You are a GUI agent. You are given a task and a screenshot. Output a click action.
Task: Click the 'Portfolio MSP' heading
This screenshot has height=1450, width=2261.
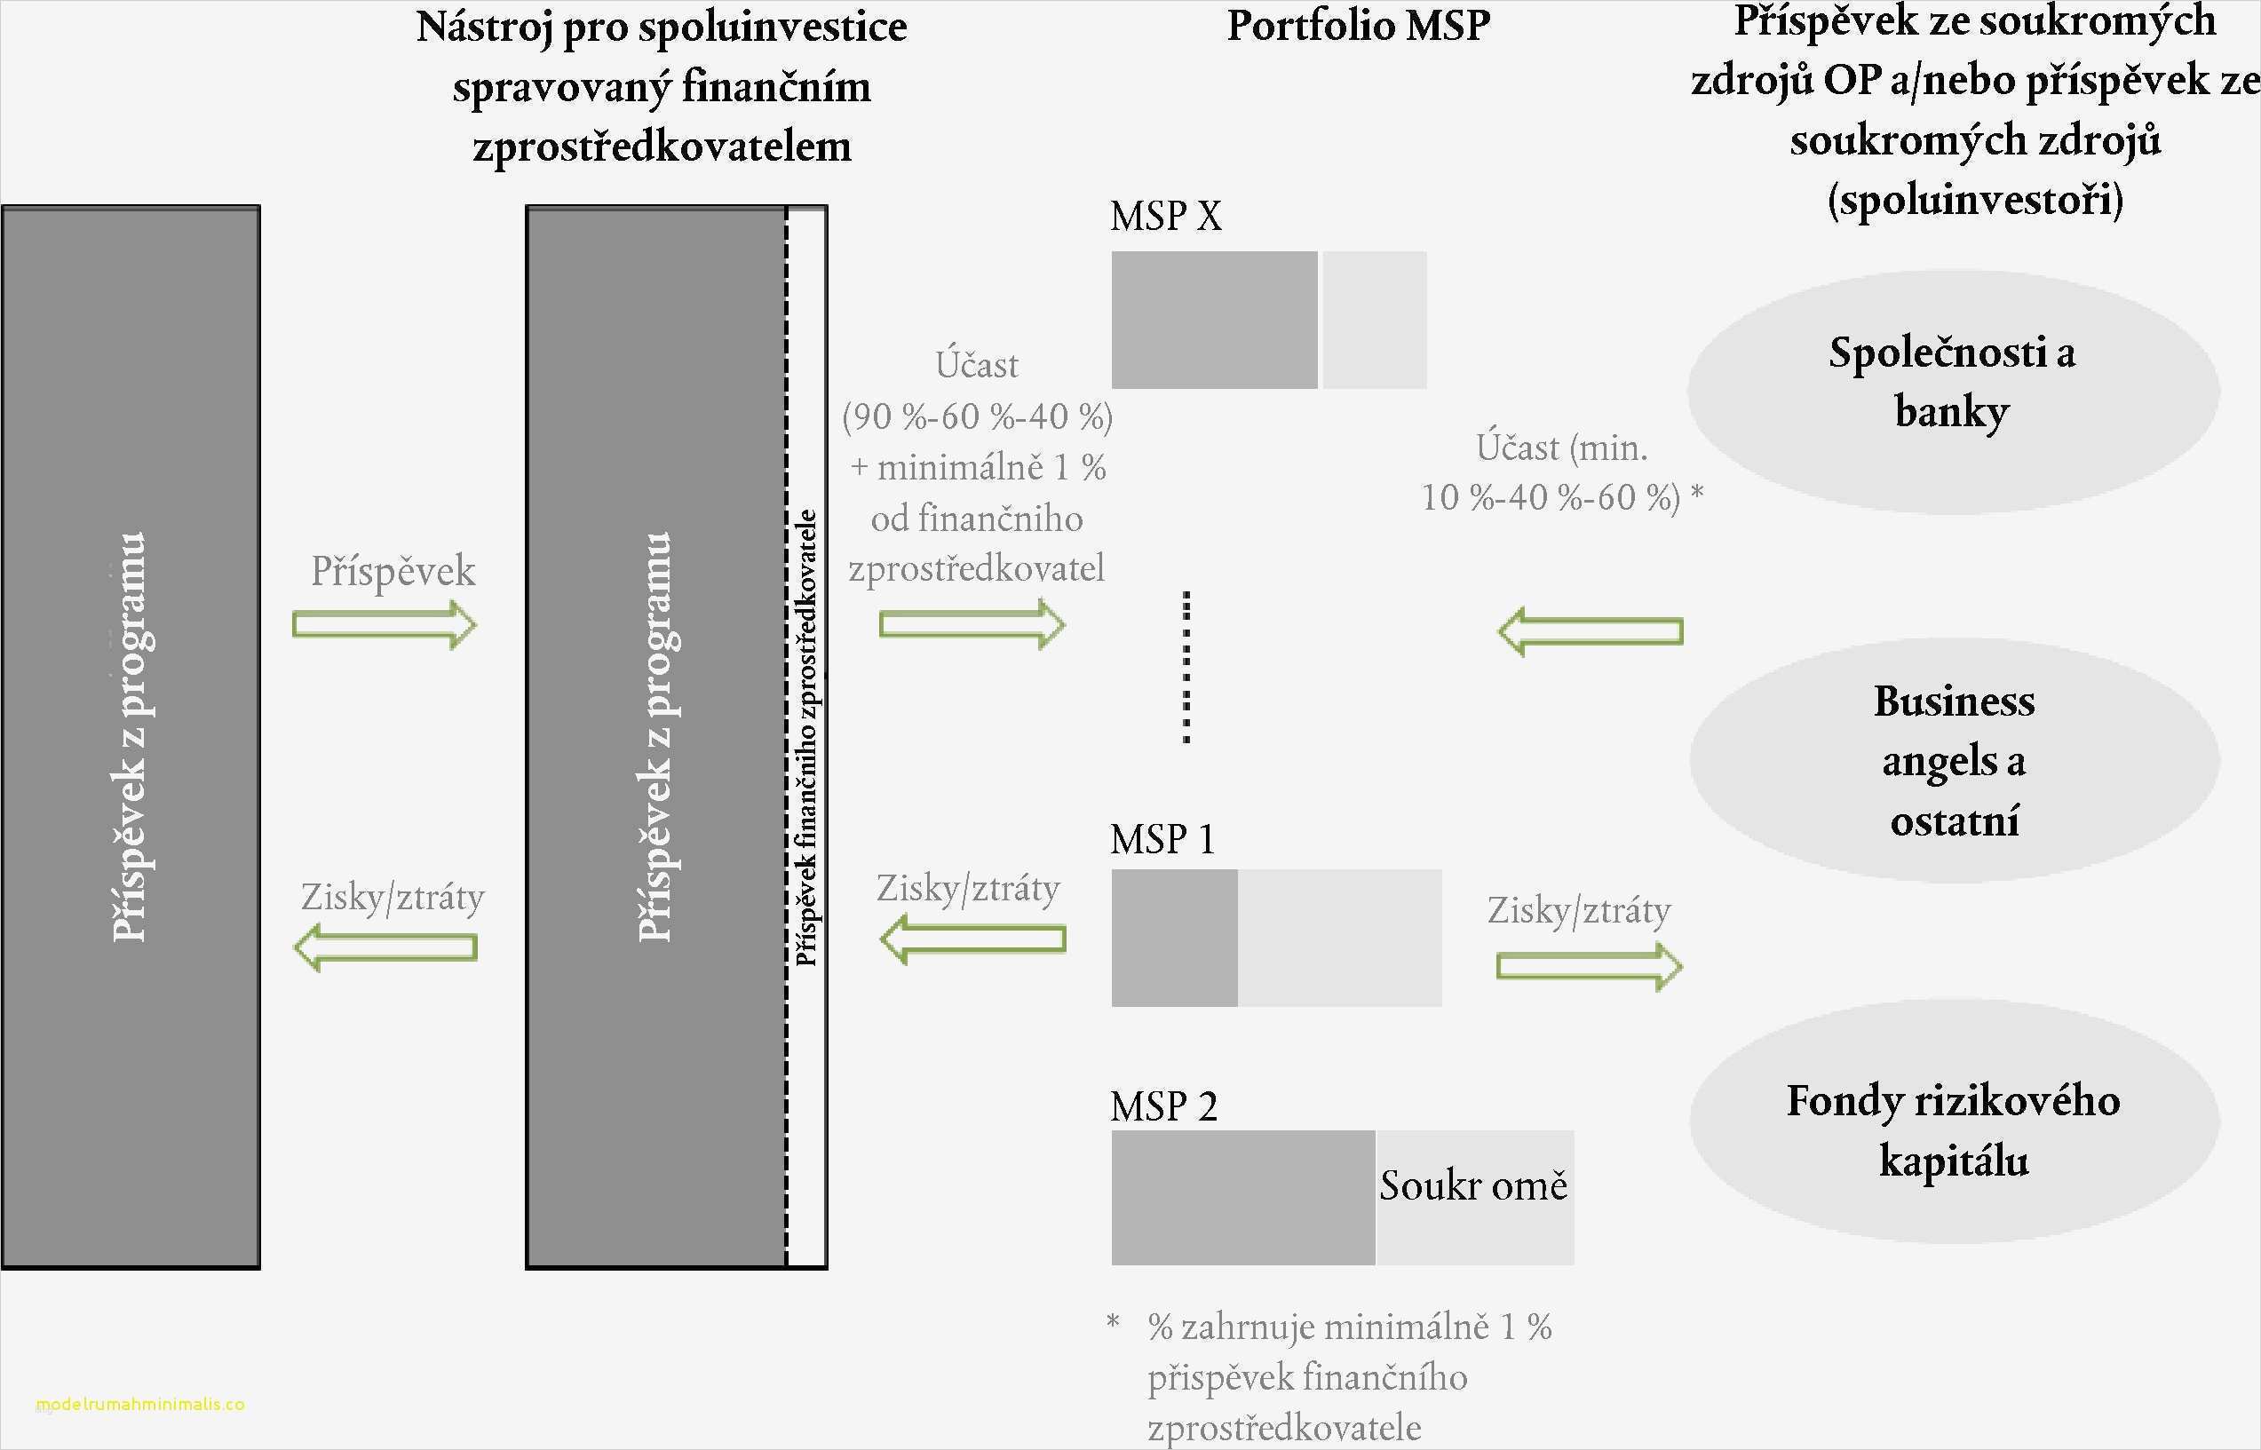[x=1358, y=27]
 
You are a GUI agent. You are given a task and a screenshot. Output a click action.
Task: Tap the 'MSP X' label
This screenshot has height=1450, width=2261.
[x=1166, y=217]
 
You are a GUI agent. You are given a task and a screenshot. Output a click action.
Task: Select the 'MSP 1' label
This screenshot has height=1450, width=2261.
[x=1162, y=839]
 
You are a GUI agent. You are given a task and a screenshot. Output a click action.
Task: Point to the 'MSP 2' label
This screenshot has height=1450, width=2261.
[x=1163, y=1106]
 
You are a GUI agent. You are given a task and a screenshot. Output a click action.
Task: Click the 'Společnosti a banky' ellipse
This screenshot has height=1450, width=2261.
[x=1952, y=391]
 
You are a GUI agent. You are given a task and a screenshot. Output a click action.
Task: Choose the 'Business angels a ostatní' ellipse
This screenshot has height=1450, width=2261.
[x=1954, y=761]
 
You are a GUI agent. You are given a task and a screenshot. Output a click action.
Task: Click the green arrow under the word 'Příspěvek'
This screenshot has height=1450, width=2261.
[x=385, y=624]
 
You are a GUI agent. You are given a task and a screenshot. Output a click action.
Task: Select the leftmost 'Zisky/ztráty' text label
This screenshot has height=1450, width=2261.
[x=393, y=898]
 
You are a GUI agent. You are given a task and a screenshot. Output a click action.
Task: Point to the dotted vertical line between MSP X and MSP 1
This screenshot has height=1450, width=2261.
[x=1186, y=667]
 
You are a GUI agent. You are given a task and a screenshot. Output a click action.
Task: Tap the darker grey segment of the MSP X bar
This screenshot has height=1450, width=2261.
[x=1214, y=321]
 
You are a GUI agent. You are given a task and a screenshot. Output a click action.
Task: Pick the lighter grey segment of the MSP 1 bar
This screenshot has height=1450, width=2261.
[x=1339, y=938]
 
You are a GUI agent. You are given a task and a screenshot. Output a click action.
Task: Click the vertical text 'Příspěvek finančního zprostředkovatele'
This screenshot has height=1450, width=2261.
[x=806, y=737]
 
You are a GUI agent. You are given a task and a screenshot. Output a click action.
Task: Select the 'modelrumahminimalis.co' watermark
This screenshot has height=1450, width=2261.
[x=140, y=1404]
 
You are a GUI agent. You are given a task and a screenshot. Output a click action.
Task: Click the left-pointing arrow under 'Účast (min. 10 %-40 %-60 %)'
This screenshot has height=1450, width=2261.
[x=1591, y=630]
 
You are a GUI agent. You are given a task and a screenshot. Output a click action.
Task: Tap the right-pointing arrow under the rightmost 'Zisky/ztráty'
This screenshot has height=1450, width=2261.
[x=1589, y=966]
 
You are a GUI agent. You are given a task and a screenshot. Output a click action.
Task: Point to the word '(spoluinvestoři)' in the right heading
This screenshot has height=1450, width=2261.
[x=1975, y=200]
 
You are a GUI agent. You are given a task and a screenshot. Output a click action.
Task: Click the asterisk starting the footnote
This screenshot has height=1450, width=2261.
[x=1113, y=1323]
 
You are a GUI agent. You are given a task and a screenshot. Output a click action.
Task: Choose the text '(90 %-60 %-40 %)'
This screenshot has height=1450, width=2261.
[x=978, y=416]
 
